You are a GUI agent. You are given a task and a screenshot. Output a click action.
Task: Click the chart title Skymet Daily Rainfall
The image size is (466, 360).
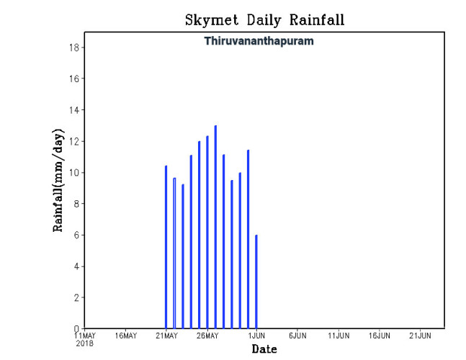[264, 19]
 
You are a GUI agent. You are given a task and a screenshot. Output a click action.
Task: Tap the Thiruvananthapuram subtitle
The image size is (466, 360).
[259, 41]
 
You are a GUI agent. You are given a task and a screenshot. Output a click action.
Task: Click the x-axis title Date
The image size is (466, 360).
[264, 349]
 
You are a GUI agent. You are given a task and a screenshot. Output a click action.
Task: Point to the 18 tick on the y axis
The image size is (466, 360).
[73, 48]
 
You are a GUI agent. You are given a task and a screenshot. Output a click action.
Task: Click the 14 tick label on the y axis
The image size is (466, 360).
[73, 110]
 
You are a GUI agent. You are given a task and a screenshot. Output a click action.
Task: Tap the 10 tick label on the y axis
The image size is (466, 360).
[73, 173]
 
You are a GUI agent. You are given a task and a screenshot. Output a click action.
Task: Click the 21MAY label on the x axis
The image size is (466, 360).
[166, 336]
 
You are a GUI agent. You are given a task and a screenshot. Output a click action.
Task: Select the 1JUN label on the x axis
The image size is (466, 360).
[257, 336]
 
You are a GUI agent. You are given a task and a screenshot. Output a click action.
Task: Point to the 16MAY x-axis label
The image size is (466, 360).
[125, 336]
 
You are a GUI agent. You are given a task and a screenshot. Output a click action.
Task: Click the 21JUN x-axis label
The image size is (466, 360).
[421, 336]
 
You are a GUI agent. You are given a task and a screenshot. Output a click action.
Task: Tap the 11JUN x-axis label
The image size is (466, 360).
[339, 336]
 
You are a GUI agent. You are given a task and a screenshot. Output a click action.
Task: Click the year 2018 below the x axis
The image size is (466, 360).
[85, 343]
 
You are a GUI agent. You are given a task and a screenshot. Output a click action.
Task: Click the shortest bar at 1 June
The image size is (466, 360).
[256, 282]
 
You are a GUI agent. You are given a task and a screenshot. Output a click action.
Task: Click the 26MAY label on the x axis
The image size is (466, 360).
[207, 336]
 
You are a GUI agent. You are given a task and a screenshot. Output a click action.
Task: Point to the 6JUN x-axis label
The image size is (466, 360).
[297, 336]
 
